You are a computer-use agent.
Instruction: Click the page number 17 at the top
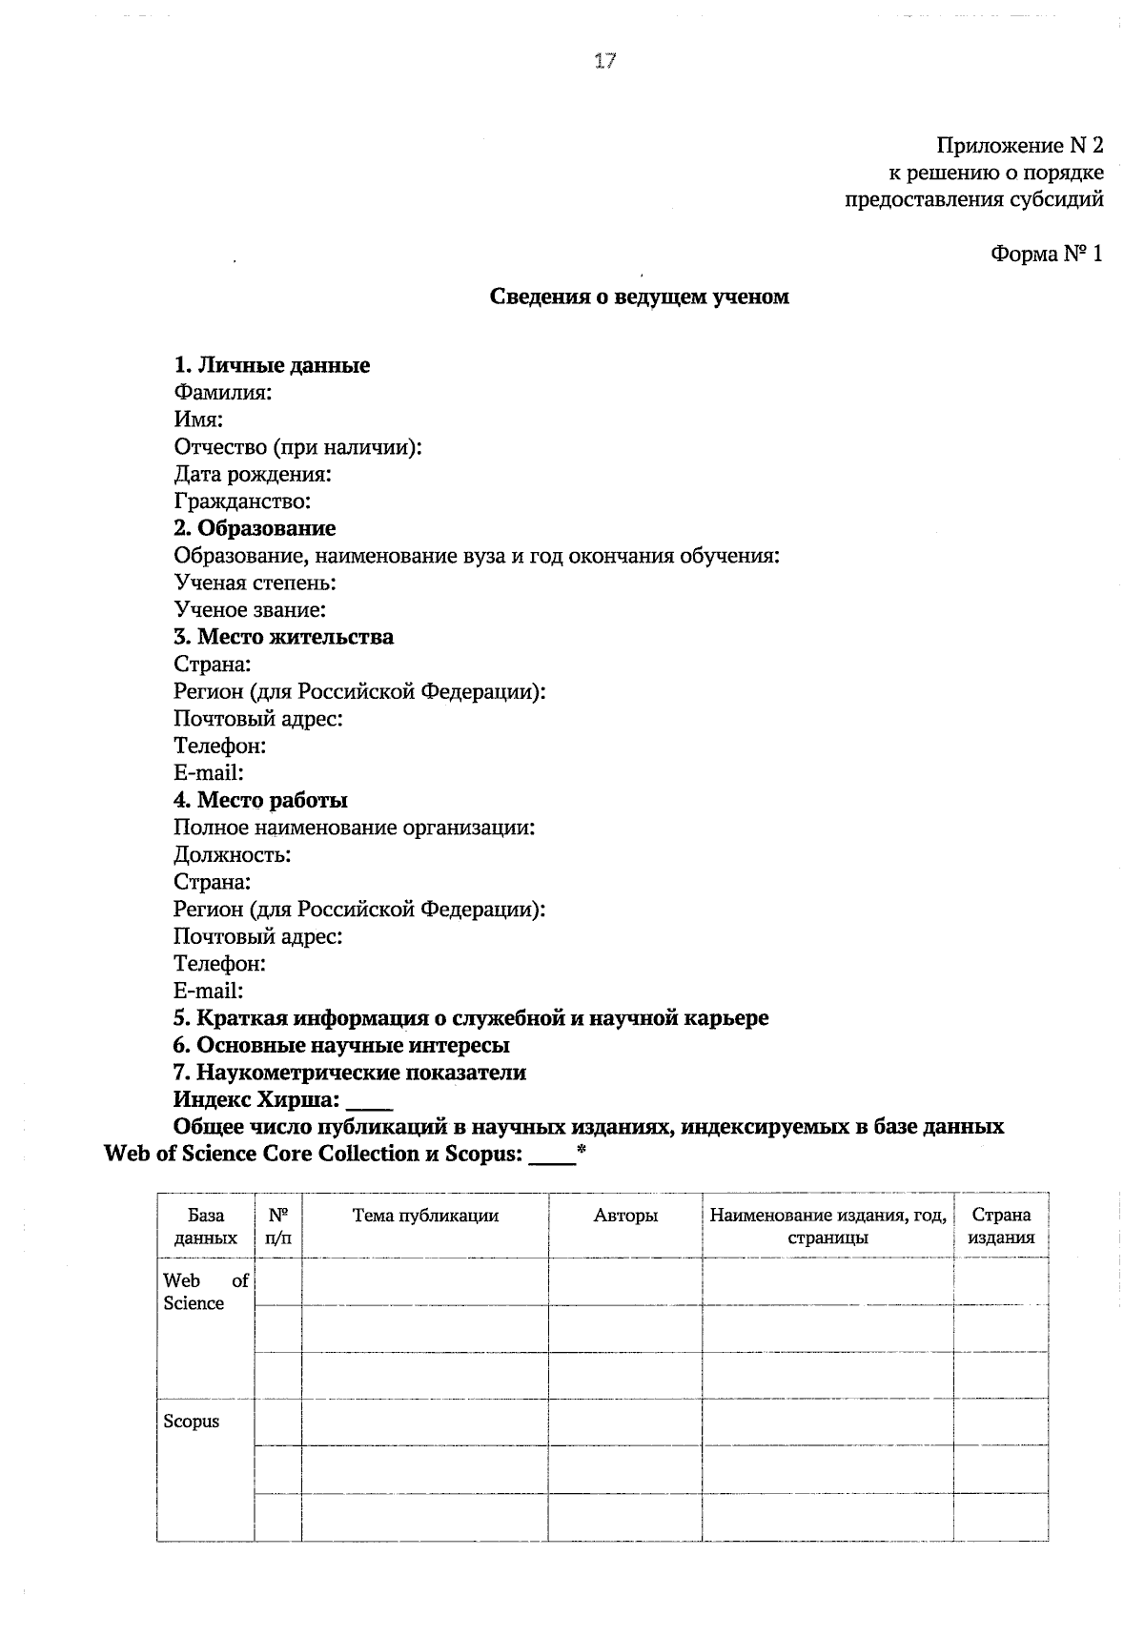605,62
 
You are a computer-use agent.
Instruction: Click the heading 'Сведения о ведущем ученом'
639,297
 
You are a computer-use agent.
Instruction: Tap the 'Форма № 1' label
1046,254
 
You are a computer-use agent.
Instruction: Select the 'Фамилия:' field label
223,392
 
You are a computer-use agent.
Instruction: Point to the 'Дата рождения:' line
253,474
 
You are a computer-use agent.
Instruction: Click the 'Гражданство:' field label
242,501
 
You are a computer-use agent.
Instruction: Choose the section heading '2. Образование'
255,528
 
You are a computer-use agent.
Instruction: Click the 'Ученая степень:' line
255,583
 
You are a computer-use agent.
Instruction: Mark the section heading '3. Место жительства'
283,637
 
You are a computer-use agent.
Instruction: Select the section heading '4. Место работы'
260,800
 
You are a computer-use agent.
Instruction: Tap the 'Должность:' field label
232,855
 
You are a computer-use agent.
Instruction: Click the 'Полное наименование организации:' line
354,828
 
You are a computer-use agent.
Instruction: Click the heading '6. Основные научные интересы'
341,1045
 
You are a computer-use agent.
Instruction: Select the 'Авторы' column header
625,1216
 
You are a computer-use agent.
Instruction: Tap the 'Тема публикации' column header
425,1216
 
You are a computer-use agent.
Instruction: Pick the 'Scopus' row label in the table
192,1422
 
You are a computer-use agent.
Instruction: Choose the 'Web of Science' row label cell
205,1292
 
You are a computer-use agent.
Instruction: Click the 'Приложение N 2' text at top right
1019,146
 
